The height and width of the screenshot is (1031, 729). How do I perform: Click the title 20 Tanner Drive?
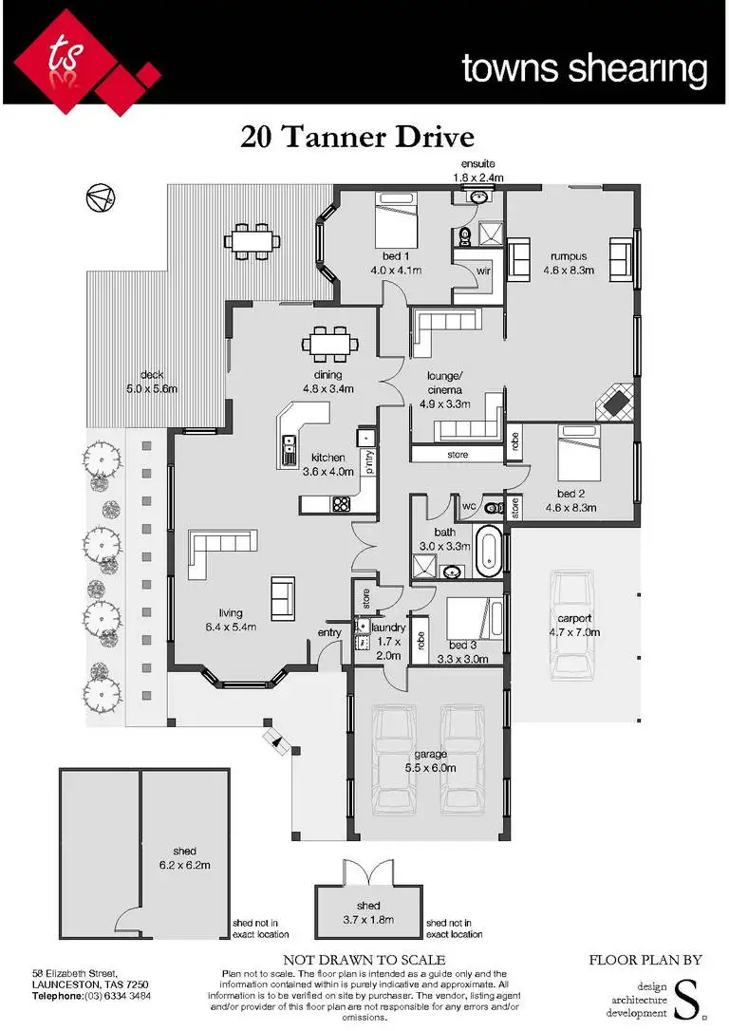click(x=357, y=138)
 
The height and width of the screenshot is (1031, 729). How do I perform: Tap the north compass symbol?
click(x=100, y=197)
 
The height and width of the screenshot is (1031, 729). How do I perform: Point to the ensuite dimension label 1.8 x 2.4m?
click(x=477, y=178)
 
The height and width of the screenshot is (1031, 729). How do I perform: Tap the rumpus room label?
click(x=568, y=263)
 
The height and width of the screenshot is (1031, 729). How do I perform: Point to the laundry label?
click(x=390, y=628)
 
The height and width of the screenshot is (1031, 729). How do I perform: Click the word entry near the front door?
click(x=329, y=633)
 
